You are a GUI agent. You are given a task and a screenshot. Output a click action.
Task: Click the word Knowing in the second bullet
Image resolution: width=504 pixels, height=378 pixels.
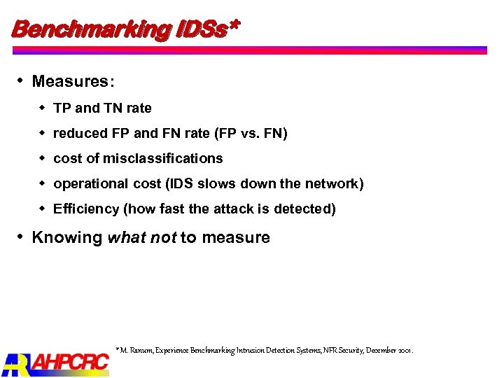(67, 238)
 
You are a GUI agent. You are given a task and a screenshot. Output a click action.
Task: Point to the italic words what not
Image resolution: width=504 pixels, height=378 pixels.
(142, 238)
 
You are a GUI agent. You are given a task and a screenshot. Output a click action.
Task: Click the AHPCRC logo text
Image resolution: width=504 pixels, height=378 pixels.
(70, 362)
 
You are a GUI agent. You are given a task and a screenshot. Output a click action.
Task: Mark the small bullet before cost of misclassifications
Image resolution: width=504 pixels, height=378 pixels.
(43, 159)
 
